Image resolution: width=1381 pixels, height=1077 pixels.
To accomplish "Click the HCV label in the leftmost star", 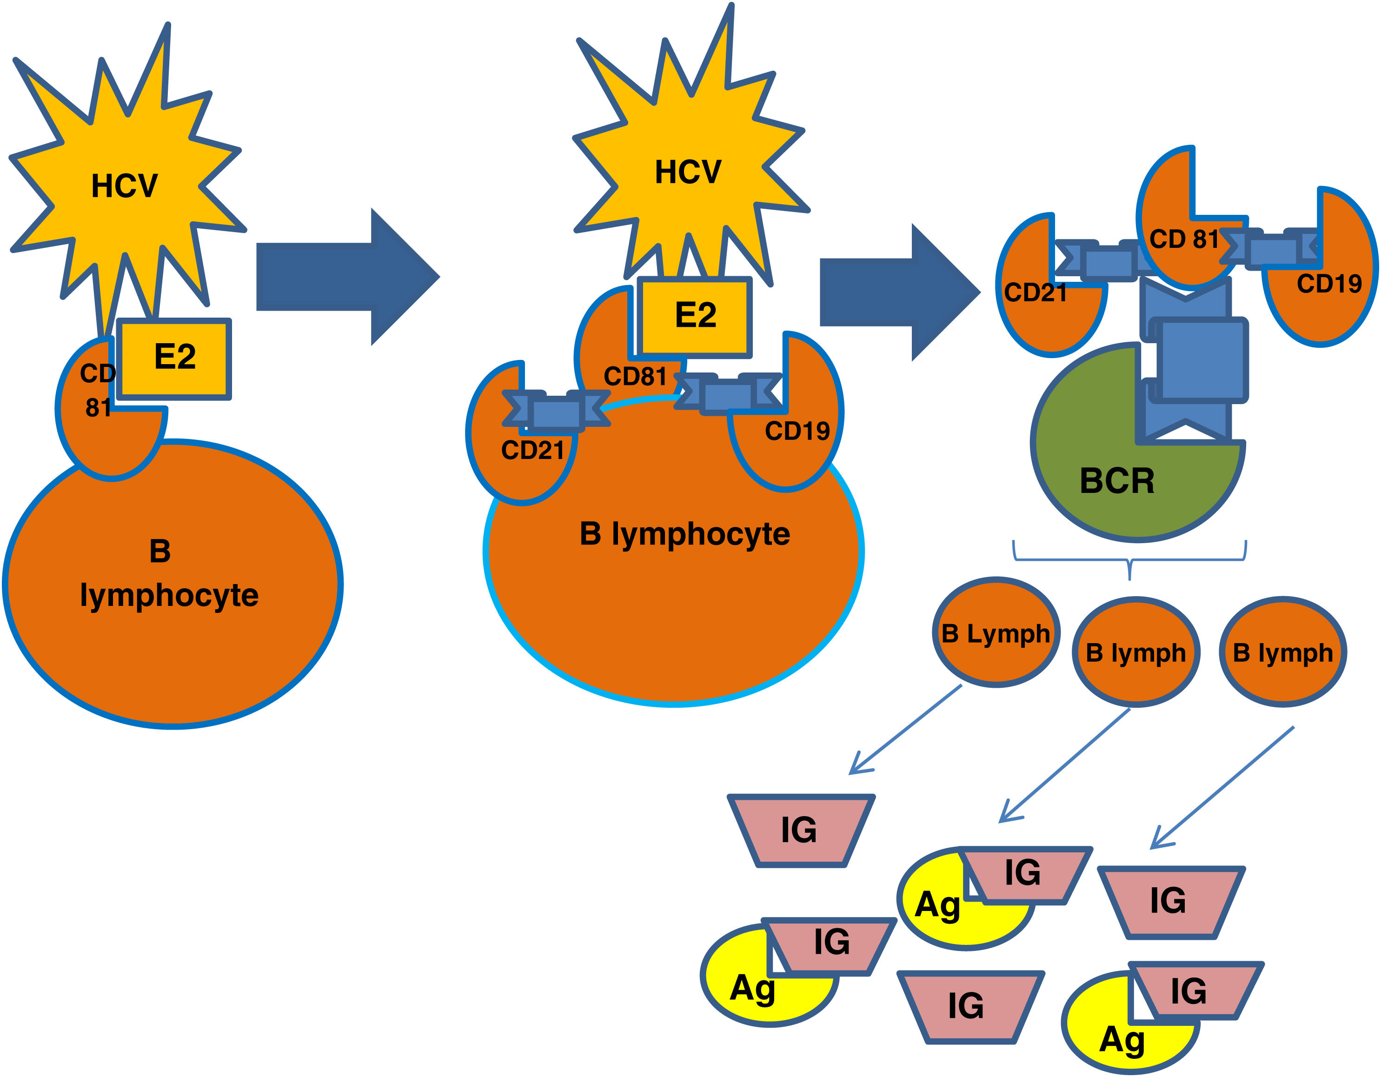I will coord(124,186).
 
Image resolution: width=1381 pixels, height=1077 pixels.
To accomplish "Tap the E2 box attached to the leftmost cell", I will coord(174,359).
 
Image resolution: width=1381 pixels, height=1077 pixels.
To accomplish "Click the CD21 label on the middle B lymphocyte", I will coord(532,450).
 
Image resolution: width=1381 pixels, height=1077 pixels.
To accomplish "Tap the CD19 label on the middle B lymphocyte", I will coord(797,431).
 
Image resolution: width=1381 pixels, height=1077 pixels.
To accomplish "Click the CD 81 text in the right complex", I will coord(1184,239).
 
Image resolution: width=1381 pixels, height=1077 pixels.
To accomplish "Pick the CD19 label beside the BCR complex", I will coord(1328,284).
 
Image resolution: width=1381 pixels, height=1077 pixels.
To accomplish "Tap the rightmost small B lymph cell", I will coord(1282,652).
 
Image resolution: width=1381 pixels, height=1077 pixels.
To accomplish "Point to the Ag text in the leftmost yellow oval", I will coord(752,987).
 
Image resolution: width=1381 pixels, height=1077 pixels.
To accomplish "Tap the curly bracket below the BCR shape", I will coord(1129,560).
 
